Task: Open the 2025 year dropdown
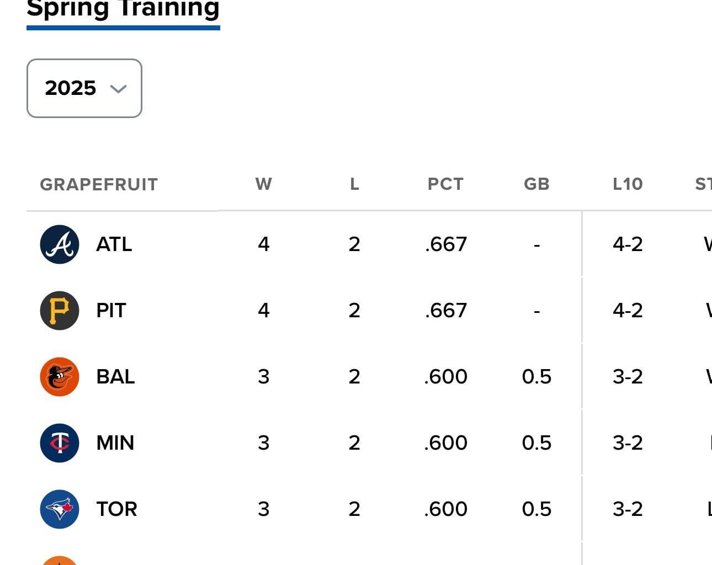click(x=84, y=88)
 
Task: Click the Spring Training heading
click(x=123, y=9)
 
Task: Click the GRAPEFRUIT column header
click(x=99, y=184)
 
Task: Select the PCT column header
click(x=445, y=184)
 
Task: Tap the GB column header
click(x=536, y=184)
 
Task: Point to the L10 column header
click(x=628, y=184)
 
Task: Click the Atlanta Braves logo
click(x=60, y=244)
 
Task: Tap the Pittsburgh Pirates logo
click(x=60, y=311)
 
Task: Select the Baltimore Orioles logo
click(x=60, y=377)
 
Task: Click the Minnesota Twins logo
click(x=60, y=443)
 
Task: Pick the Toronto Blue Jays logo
click(x=60, y=509)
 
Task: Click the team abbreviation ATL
click(x=114, y=244)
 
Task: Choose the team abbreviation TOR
click(x=116, y=509)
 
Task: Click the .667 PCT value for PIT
click(x=446, y=311)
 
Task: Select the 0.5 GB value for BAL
click(x=536, y=377)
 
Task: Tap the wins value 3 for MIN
click(x=263, y=443)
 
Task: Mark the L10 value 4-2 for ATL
click(x=628, y=244)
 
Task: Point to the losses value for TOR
click(x=354, y=509)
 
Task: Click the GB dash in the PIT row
click(x=536, y=311)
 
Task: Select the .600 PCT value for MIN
click(x=446, y=443)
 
